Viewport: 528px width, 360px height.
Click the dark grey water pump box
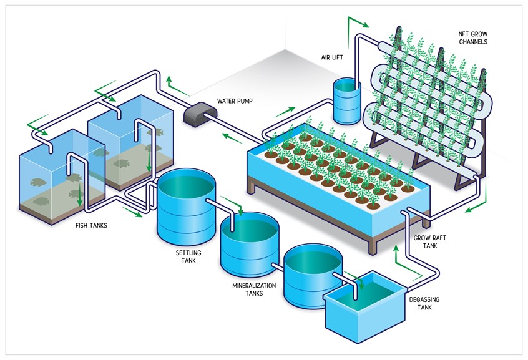[x=199, y=113]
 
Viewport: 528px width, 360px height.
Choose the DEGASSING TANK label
[x=424, y=303]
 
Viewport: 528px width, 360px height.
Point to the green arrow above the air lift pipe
[x=356, y=23]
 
